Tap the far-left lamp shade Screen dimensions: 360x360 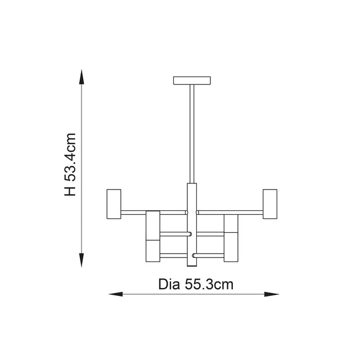pyautogui.click(x=114, y=204)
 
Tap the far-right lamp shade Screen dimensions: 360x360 pyautogui.click(x=269, y=204)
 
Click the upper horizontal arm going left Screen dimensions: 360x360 pyautogui.click(x=153, y=213)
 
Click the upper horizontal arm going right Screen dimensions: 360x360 pyautogui.click(x=229, y=213)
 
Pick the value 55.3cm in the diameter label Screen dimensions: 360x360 pyautogui.click(x=209, y=284)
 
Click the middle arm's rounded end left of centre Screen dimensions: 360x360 pyautogui.click(x=190, y=234)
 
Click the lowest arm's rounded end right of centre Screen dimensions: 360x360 pyautogui.click(x=194, y=256)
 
